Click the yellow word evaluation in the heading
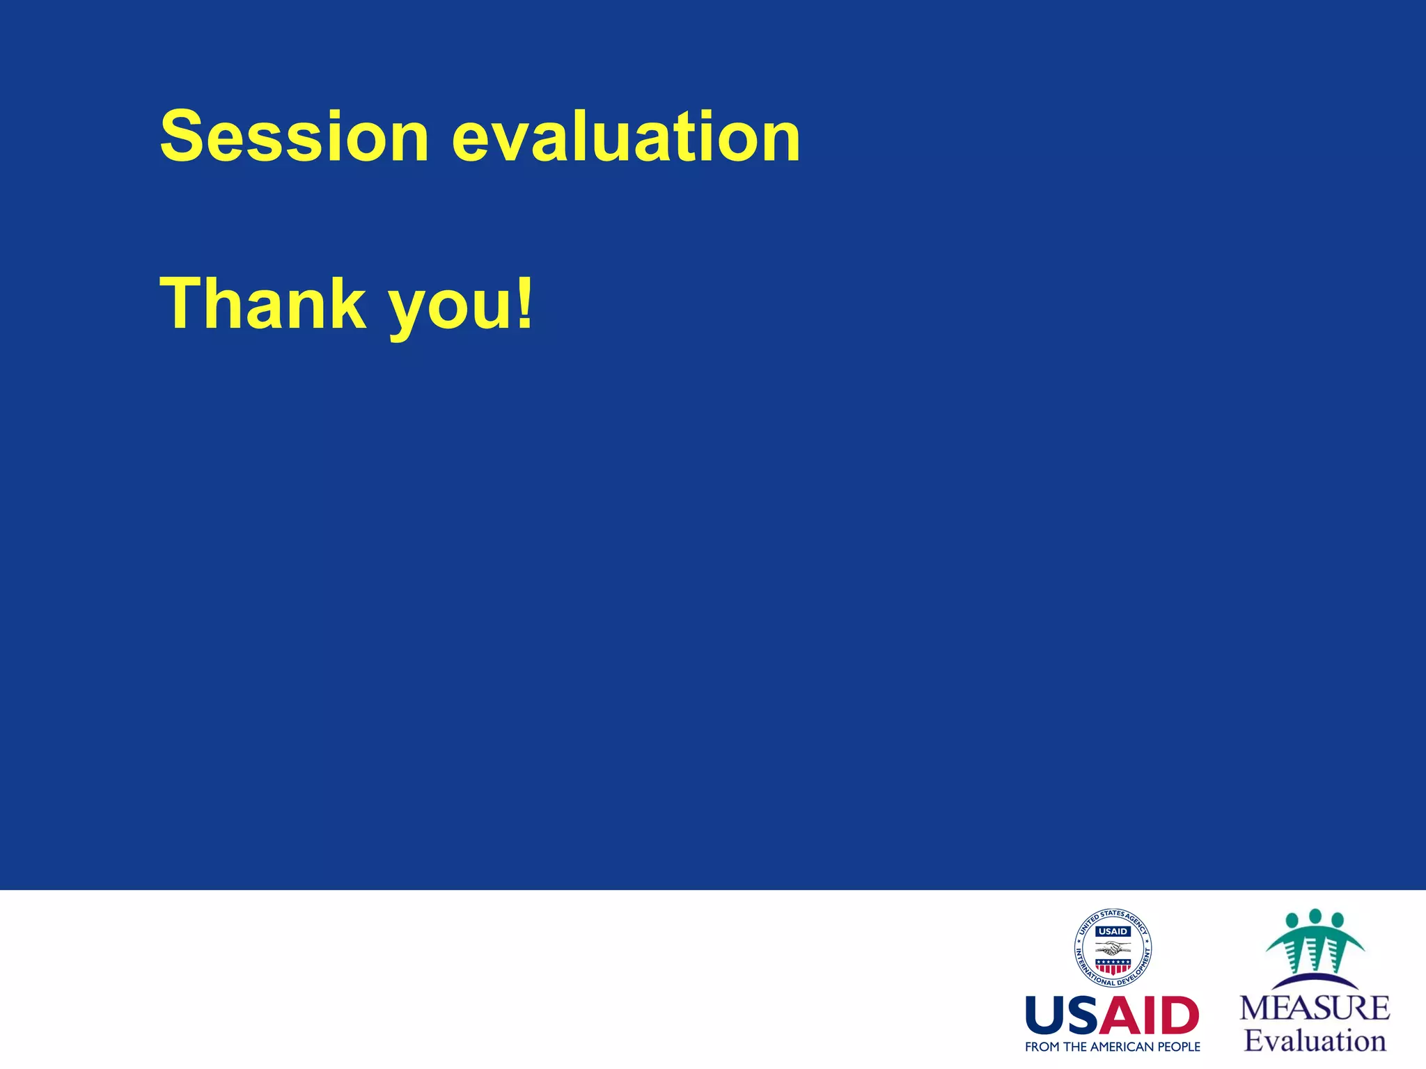click(626, 137)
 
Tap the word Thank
click(263, 304)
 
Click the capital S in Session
click(185, 136)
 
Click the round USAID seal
click(1113, 948)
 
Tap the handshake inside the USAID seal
click(1113, 949)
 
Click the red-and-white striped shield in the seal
click(1113, 966)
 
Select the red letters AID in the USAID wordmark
click(1152, 1016)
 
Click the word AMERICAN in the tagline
click(1122, 1047)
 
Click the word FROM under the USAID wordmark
click(1042, 1047)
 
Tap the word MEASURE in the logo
click(1315, 1008)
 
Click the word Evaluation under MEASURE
click(1315, 1040)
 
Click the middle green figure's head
click(1315, 916)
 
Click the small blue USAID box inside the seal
click(1113, 931)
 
